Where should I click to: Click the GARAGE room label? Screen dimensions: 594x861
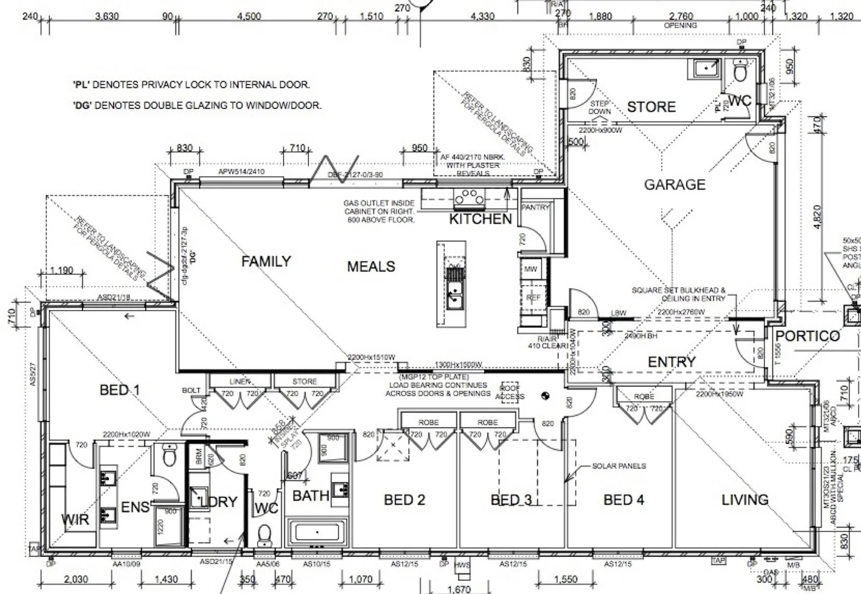click(x=674, y=185)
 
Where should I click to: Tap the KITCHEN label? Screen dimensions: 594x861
click(x=480, y=219)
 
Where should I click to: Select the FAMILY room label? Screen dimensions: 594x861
click(x=266, y=261)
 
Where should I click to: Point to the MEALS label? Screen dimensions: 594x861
click(x=371, y=267)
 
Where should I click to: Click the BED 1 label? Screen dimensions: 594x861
click(x=120, y=391)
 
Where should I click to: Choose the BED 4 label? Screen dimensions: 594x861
click(x=624, y=500)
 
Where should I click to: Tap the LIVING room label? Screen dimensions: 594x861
click(x=745, y=500)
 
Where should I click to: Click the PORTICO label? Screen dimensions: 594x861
click(x=807, y=336)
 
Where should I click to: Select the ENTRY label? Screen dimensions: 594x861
click(x=671, y=362)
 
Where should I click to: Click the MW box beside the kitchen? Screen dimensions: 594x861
click(x=531, y=269)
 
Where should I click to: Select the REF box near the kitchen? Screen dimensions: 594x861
click(x=533, y=298)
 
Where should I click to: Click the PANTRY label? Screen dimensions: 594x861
click(x=535, y=207)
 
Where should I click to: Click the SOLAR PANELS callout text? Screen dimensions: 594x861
click(x=619, y=466)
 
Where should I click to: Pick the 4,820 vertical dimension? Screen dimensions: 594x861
click(x=818, y=217)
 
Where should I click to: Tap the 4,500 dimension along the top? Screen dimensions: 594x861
click(x=249, y=16)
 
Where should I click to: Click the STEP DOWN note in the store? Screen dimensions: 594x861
click(x=599, y=107)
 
